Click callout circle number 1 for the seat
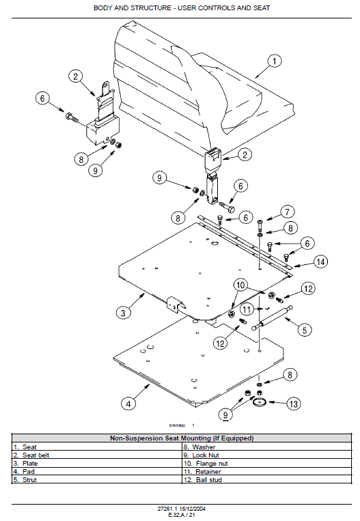coord(274,61)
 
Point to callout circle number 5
coord(305,329)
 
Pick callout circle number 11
coord(247,309)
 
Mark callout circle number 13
coord(293,404)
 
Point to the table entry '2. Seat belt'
coord(31,455)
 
